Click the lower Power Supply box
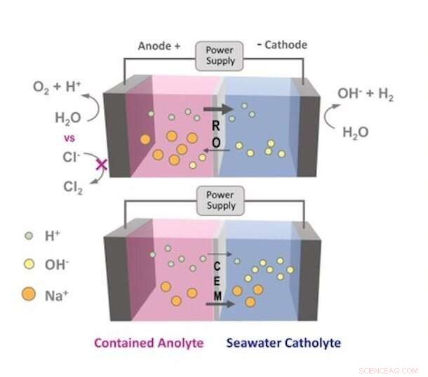click(220, 200)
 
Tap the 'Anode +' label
click(158, 46)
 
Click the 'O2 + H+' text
click(57, 88)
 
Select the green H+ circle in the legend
click(28, 235)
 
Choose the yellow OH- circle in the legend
click(28, 266)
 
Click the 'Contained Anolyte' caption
click(148, 343)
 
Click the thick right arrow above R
click(219, 109)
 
